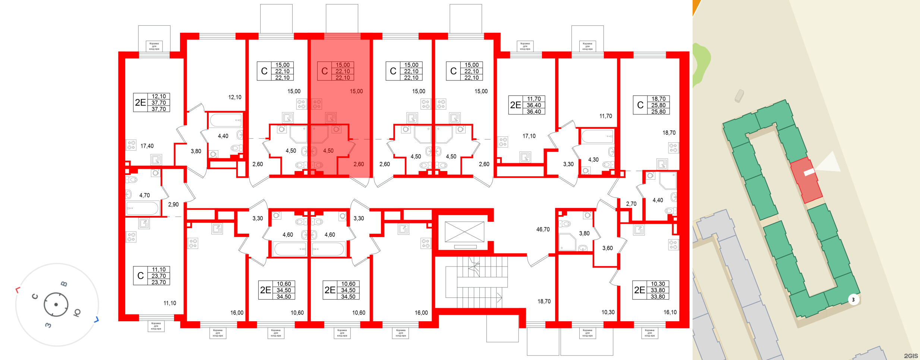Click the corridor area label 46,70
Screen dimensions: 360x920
pos(543,230)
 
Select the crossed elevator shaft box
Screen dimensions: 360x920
pos(464,231)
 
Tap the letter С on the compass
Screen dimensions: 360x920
pos(35,297)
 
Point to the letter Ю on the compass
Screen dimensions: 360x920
pos(77,313)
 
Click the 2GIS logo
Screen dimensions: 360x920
pos(911,356)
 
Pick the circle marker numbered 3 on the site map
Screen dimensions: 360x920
pos(853,300)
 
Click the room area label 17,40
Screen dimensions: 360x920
pos(147,146)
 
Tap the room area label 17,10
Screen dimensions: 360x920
pos(529,136)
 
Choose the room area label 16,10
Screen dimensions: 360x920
pos(670,312)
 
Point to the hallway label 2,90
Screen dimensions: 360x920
pos(173,205)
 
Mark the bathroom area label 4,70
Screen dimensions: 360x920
pos(144,195)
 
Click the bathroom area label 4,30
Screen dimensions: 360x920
pos(593,160)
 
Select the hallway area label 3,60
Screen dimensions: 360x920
pos(607,248)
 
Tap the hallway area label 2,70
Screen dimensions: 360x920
pos(631,204)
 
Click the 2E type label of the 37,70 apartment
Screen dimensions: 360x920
pos(141,102)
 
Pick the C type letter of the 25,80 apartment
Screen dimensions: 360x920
pos(640,105)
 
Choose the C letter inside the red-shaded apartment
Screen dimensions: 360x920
pos(324,71)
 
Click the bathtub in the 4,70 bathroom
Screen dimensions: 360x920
pos(142,208)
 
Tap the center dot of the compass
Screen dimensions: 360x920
pos(56,304)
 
